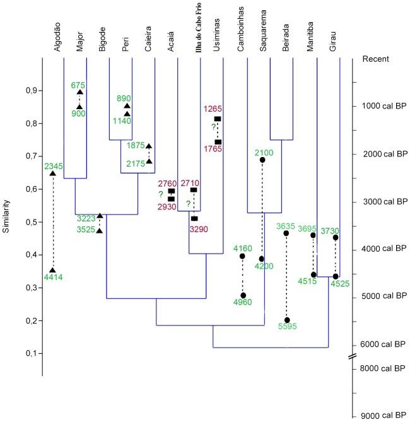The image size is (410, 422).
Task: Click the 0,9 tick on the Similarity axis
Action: pyautogui.click(x=29, y=91)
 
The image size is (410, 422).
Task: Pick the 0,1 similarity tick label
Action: pyautogui.click(x=29, y=353)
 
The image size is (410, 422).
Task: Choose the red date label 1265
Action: pyautogui.click(x=213, y=108)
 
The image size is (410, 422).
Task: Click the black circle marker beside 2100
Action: pyautogui.click(x=262, y=160)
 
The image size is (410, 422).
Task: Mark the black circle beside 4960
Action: pyautogui.click(x=243, y=295)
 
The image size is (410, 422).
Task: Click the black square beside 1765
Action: pyautogui.click(x=218, y=142)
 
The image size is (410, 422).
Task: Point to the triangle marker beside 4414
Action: pyautogui.click(x=53, y=270)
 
